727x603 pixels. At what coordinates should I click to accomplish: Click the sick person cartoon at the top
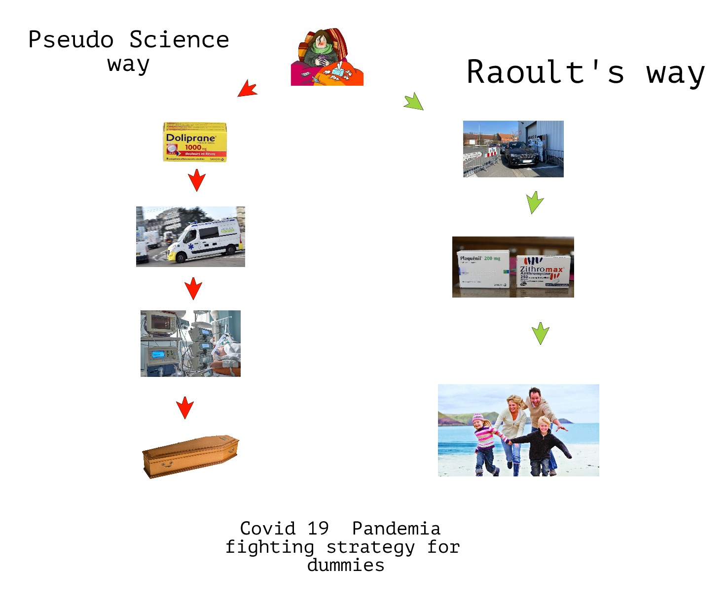click(327, 57)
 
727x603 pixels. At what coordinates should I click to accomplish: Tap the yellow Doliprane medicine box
click(195, 142)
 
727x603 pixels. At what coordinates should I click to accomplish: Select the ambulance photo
click(190, 237)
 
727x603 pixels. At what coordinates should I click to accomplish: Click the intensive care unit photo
click(190, 343)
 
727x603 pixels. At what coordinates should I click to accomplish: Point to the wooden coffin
click(190, 456)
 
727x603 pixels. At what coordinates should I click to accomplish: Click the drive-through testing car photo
click(513, 149)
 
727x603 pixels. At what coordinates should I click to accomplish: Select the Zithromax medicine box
click(544, 270)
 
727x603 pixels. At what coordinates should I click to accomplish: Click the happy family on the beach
click(518, 430)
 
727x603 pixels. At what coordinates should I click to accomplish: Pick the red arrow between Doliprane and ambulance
click(197, 180)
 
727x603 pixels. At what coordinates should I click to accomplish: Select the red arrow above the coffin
click(185, 407)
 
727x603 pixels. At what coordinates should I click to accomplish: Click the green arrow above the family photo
click(541, 334)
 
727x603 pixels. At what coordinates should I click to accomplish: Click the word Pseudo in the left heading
click(71, 40)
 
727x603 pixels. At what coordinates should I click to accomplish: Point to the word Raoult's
click(545, 72)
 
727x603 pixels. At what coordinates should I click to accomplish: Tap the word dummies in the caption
click(345, 565)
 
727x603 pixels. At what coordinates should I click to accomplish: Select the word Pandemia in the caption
click(396, 529)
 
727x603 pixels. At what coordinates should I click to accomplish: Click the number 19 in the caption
click(318, 529)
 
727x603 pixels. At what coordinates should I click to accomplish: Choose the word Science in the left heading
click(179, 40)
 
